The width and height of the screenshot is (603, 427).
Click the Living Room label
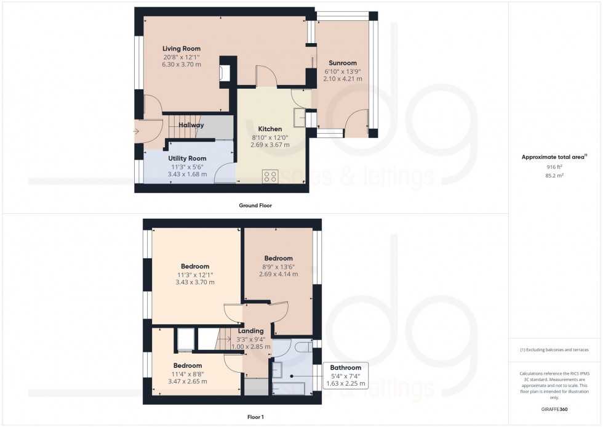tap(181, 49)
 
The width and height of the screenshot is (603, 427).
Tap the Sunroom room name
tap(342, 63)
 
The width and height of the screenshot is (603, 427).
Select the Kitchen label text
tap(270, 129)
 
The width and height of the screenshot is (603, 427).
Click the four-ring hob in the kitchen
tap(270, 176)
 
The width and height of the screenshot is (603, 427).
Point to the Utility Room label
tap(187, 158)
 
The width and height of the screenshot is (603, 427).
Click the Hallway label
tap(191, 125)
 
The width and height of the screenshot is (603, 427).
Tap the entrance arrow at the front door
tap(136, 131)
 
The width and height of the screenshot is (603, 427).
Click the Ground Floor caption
tap(255, 206)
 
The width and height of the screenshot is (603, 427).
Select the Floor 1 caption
tap(255, 417)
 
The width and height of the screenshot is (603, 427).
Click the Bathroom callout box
tap(345, 375)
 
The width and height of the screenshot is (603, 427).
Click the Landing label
tap(251, 331)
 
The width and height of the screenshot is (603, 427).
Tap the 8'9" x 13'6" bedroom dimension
tap(278, 266)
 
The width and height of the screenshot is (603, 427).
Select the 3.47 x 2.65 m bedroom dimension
tap(187, 381)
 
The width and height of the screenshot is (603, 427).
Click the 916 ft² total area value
tap(554, 167)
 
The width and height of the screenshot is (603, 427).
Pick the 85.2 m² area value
tap(554, 175)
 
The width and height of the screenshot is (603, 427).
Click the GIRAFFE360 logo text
tap(554, 409)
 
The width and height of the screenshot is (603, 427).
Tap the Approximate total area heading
tap(554, 157)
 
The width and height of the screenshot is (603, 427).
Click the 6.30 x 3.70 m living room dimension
tap(181, 64)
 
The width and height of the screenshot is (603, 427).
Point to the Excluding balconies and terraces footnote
tap(554, 350)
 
